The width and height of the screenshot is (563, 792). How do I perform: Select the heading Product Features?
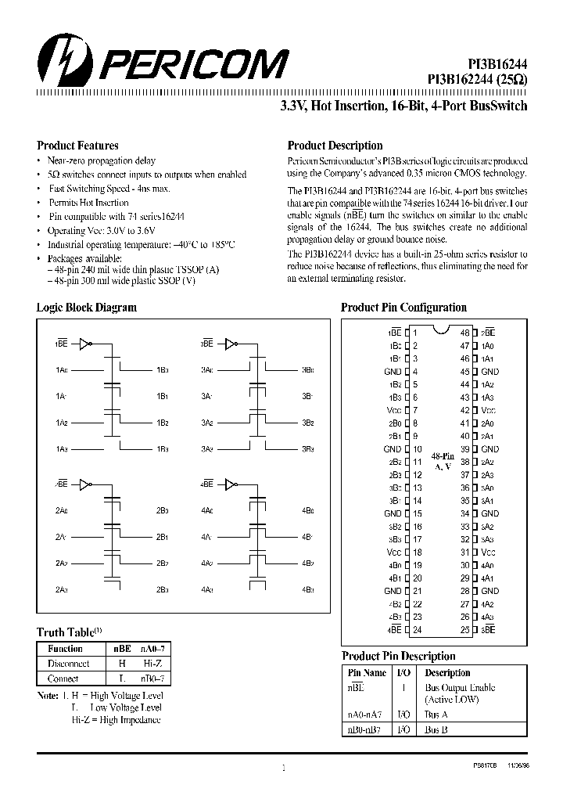point(77,146)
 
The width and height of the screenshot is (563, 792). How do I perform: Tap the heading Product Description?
point(335,146)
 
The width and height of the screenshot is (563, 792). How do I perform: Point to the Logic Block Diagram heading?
point(86,308)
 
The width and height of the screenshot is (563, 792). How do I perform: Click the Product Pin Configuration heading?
point(403,308)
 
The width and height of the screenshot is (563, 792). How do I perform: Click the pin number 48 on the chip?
point(464,333)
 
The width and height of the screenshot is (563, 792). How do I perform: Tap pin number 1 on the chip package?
point(415,333)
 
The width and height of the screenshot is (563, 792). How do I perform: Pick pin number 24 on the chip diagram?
point(418,629)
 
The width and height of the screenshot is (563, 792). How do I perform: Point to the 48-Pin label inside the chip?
point(442,455)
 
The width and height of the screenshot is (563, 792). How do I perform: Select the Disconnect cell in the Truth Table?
point(68,663)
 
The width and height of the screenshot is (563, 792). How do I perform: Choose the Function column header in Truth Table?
point(65,649)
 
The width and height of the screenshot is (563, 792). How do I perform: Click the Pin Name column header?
point(365,672)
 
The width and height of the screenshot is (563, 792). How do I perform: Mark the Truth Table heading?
point(66,632)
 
